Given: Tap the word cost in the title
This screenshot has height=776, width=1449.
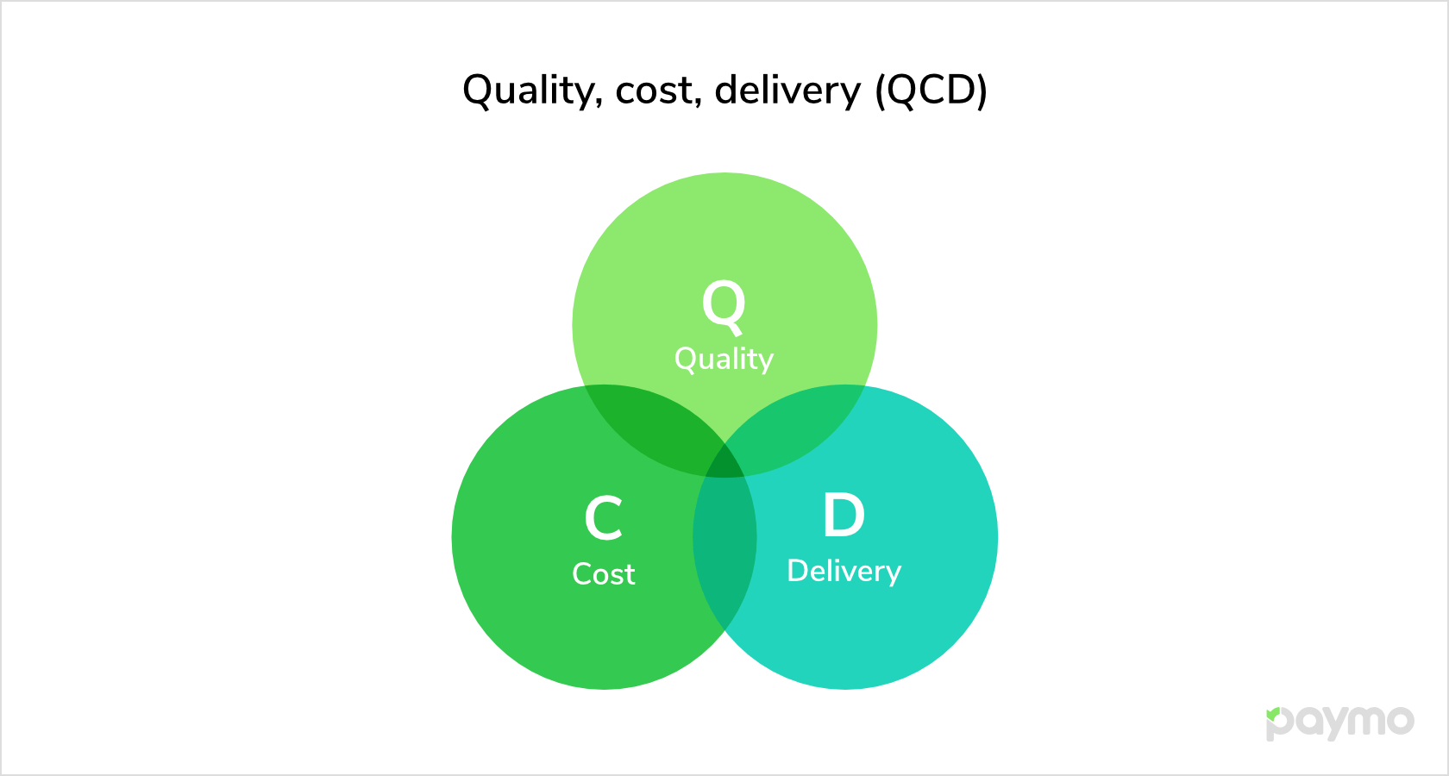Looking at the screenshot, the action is (x=655, y=91).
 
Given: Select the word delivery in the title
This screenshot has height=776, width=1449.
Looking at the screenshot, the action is (x=787, y=91).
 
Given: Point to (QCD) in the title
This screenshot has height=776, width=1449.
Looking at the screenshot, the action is (x=931, y=91).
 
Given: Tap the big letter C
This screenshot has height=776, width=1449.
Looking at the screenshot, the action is (x=604, y=518).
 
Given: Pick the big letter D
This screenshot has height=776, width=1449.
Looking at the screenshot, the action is (x=844, y=515).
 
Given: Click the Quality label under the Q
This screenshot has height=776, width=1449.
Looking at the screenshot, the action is (x=724, y=360).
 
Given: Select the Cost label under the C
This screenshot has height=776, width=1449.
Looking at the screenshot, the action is (x=604, y=574).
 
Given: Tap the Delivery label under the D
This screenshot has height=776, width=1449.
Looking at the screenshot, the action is (x=844, y=572).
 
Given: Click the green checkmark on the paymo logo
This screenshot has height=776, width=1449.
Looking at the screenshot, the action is (x=1273, y=714).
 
